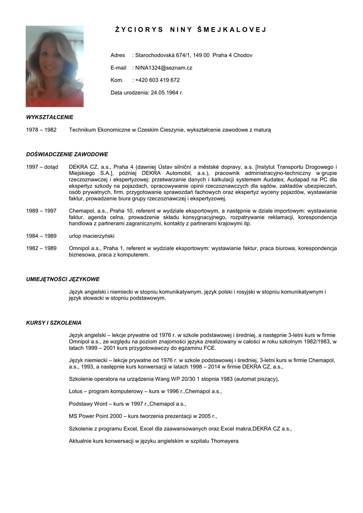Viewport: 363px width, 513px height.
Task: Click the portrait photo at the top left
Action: tap(55, 66)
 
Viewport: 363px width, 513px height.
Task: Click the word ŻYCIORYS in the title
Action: tap(139, 30)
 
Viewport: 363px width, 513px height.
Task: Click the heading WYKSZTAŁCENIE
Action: tap(50, 117)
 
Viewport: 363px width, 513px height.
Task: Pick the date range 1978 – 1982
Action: tap(41, 130)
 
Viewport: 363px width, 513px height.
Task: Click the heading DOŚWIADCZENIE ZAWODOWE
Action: tap(67, 154)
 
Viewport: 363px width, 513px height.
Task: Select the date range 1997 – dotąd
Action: tap(42, 167)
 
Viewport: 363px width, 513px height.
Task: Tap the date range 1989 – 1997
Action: tap(41, 211)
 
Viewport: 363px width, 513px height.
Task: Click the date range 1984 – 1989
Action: tap(41, 235)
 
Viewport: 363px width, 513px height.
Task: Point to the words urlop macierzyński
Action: tap(92, 235)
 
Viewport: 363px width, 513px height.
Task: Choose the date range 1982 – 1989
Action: tap(41, 248)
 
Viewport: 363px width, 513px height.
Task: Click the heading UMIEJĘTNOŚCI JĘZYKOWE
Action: tap(63, 279)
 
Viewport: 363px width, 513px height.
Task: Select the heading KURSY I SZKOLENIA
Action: tap(54, 323)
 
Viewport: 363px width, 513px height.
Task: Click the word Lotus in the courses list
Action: tap(76, 391)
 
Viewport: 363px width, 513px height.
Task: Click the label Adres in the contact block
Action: tap(118, 55)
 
